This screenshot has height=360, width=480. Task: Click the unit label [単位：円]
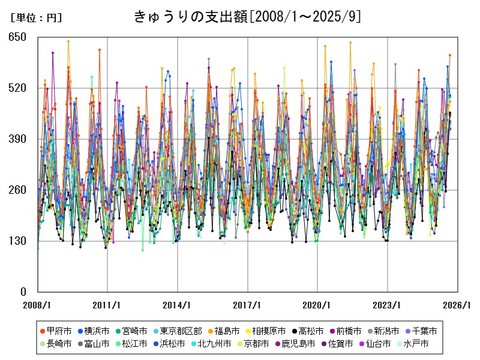[x=36, y=18]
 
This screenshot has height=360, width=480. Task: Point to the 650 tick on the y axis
[x=17, y=37]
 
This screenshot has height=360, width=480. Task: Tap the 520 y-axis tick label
[x=17, y=88]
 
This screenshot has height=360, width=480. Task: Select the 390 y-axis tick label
[x=17, y=139]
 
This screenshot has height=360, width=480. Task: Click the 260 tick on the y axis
[x=17, y=190]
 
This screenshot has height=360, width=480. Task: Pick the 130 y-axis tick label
[x=17, y=241]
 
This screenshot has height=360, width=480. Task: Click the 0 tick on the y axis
[x=22, y=292]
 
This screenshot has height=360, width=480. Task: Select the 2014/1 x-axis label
[x=178, y=305]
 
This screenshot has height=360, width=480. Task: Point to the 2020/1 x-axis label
[x=317, y=305]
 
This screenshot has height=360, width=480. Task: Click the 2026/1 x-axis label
[x=457, y=305]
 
